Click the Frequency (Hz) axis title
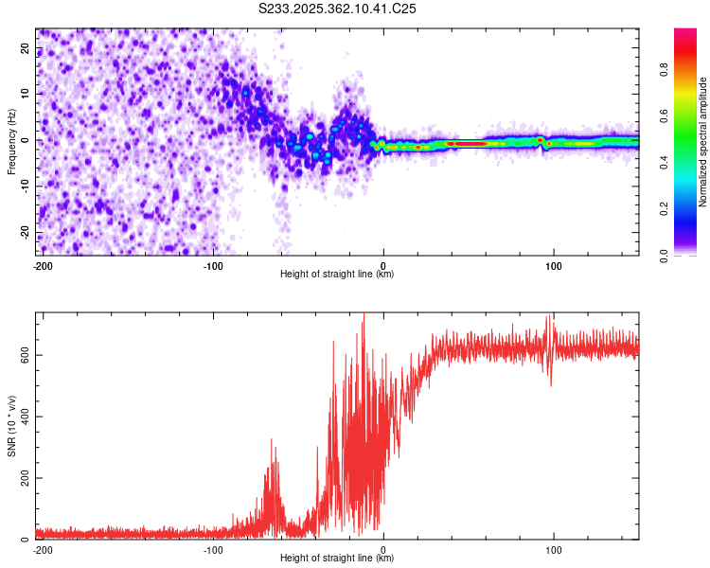point(11,142)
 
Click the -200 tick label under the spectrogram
point(43,265)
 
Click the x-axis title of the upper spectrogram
point(337,275)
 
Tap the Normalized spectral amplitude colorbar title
point(703,142)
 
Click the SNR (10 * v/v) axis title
point(11,426)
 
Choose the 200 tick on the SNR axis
point(24,478)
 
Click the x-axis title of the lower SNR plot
point(337,559)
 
